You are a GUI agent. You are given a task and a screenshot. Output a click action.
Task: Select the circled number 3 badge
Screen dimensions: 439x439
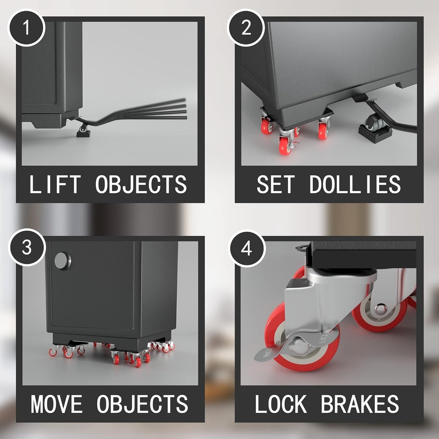[27, 247]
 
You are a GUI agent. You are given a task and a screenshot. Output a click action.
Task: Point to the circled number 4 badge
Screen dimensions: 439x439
[246, 249]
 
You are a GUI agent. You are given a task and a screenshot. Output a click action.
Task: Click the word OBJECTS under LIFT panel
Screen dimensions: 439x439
[141, 184]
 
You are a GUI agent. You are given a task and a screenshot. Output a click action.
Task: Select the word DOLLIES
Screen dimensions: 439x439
[355, 184]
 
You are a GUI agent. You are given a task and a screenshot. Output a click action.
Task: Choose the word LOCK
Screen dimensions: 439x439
[281, 404]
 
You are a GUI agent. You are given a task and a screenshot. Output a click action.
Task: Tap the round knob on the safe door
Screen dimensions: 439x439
[63, 261]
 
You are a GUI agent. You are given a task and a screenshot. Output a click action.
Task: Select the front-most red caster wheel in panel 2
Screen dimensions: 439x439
[285, 146]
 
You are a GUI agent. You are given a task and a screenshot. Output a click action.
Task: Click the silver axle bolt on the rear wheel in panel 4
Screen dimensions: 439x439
[380, 309]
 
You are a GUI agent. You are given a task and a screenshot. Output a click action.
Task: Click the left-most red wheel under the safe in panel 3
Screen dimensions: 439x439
[53, 352]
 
